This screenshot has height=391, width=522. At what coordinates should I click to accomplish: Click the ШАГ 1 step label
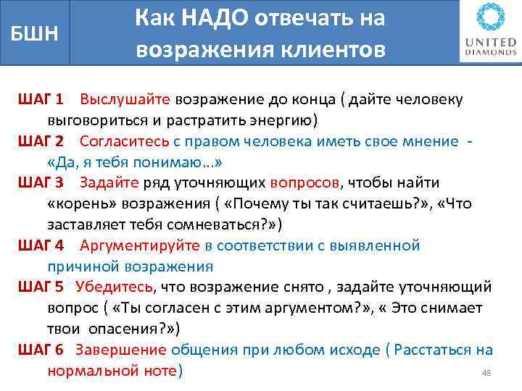click(x=41, y=98)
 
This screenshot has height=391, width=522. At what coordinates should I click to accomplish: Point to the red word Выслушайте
click(x=125, y=98)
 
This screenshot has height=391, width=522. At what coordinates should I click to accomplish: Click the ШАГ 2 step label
click(x=41, y=140)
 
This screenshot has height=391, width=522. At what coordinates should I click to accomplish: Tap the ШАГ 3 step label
click(x=41, y=182)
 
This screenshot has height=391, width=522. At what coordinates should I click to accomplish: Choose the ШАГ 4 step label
click(x=41, y=245)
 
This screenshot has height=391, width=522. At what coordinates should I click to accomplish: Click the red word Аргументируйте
click(x=139, y=245)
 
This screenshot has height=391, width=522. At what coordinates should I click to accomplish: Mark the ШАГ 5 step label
click(x=41, y=287)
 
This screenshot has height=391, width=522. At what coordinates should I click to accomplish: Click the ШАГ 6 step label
click(x=41, y=350)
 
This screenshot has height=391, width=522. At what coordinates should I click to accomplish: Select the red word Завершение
click(x=120, y=350)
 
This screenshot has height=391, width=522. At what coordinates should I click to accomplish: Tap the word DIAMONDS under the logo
click(x=491, y=52)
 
